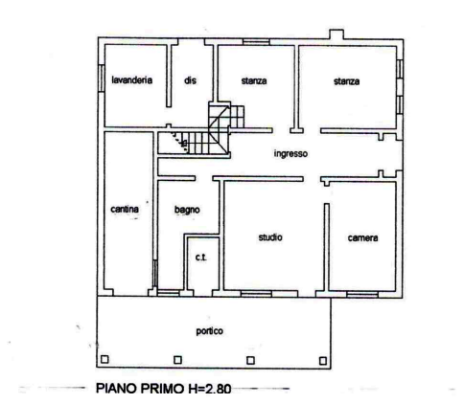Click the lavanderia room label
[131, 79]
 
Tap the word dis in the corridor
[190, 80]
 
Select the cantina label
[125, 210]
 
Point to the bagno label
[187, 210]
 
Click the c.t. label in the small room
[201, 258]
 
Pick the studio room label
[270, 237]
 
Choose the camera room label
[362, 238]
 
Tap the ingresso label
[290, 154]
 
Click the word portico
[210, 331]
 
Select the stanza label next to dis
[254, 81]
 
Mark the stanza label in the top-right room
[347, 81]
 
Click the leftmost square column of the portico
[104, 359]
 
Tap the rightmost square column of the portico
[323, 361]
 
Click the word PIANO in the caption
[117, 389]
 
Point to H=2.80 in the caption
[213, 389]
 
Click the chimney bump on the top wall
[336, 34]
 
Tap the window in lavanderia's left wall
[102, 79]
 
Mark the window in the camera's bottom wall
[362, 294]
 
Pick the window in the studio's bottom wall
[256, 294]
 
